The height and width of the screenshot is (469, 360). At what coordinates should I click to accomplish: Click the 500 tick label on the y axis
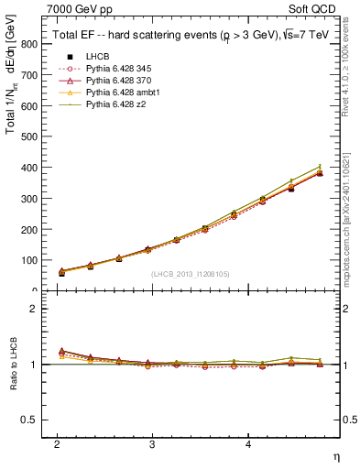[x=30, y=137]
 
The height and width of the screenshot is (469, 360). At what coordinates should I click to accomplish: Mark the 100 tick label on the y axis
[x=30, y=261]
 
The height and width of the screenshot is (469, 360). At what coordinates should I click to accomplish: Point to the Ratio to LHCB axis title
[x=14, y=365]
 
